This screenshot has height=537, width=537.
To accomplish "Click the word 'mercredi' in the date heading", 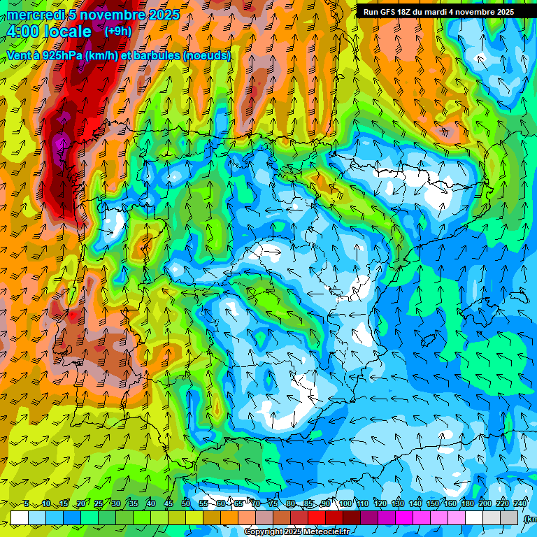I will (x=34, y=15).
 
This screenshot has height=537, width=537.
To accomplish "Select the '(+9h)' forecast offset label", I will (x=117, y=31).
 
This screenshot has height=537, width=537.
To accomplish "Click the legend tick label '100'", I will (x=345, y=503).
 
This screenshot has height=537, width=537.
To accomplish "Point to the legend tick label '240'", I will (x=520, y=503).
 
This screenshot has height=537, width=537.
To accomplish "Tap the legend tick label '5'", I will (x=27, y=503).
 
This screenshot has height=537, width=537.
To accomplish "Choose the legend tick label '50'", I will (x=185, y=503).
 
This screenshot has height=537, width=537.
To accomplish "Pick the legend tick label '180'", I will (x=467, y=503).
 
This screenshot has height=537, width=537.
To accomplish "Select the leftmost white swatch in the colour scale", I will (x=20, y=517).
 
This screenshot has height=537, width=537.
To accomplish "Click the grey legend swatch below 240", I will (x=509, y=517).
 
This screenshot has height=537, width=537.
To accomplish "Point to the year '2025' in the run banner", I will (x=501, y=12).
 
